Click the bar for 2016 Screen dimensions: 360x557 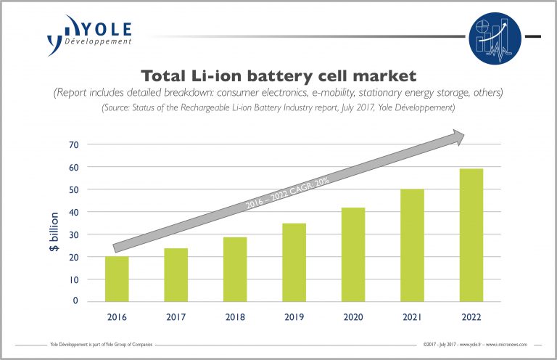(117, 279)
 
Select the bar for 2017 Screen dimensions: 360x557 (176, 275)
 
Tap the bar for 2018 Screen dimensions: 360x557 (234, 269)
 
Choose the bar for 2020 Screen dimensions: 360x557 (352, 255)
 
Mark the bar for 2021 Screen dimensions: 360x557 (412, 245)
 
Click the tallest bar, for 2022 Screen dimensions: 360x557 (471, 235)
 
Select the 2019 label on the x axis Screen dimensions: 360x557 (294, 317)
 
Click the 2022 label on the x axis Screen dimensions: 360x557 (471, 317)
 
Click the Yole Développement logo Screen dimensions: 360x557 (89, 33)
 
